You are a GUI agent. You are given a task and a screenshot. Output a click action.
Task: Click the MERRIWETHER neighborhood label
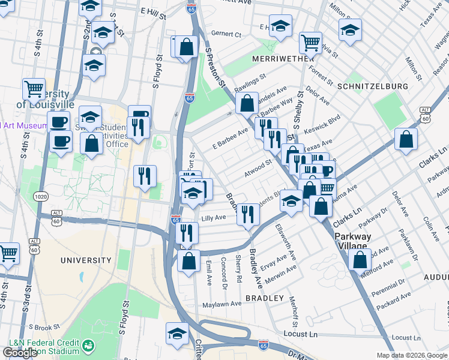[274, 59]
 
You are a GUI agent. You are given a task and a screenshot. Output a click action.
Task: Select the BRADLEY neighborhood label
[264, 298]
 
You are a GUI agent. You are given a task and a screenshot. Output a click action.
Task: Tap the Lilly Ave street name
[213, 218]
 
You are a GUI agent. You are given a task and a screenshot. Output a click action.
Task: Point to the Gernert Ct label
[226, 35]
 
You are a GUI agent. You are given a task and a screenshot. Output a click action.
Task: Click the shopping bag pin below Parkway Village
[360, 260]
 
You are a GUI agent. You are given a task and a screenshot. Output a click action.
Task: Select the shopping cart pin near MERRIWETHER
[310, 43]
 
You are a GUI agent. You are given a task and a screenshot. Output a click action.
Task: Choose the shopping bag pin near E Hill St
[187, 47]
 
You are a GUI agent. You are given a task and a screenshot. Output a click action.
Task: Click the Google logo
[20, 353]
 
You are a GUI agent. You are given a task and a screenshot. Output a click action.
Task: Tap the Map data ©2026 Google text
[412, 355]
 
